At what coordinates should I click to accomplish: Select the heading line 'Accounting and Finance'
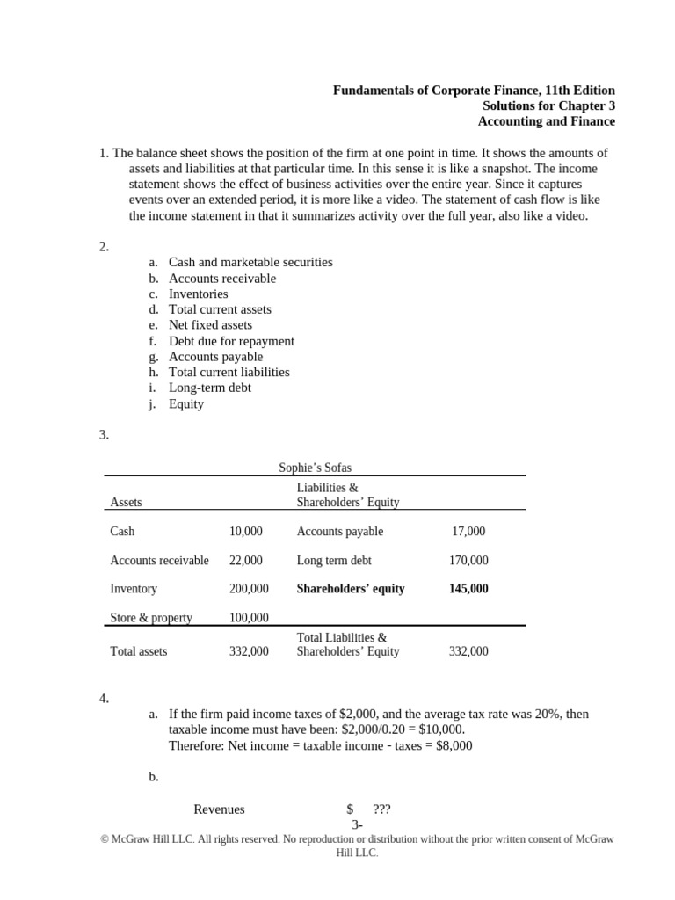point(546,122)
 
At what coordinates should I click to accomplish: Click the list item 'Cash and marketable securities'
point(250,262)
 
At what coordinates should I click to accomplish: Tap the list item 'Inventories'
point(198,294)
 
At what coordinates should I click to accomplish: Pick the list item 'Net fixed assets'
point(210,324)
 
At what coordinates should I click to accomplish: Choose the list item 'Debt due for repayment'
point(231,341)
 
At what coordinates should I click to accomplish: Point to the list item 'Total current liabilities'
point(229,372)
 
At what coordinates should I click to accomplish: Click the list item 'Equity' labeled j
point(186,404)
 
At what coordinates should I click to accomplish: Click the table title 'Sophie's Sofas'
point(315,468)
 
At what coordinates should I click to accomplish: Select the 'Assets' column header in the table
point(127,503)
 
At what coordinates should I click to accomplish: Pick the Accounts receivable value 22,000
point(245,561)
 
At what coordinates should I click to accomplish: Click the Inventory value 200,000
point(249,589)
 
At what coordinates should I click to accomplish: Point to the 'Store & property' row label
point(151,618)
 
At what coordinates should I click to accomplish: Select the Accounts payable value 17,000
point(468,532)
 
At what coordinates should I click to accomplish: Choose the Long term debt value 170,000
point(468,561)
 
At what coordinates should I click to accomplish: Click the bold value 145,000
point(468,589)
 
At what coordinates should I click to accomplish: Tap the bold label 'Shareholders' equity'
point(351,589)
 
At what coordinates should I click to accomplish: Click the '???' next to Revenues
point(381,809)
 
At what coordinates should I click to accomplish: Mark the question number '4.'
point(104,699)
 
